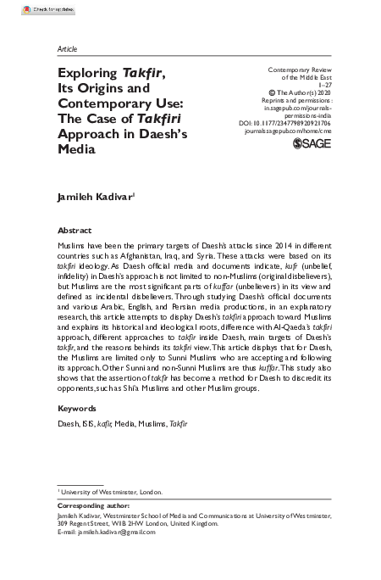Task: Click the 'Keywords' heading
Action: pyautogui.click(x=77, y=409)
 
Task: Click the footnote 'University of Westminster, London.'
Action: pyautogui.click(x=110, y=492)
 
